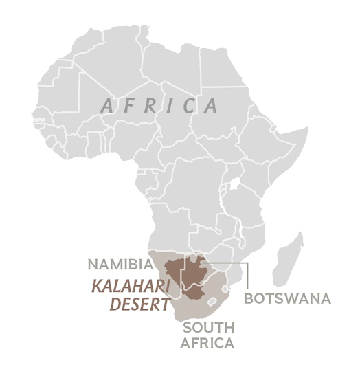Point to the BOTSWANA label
[287, 299]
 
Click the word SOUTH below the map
[207, 329]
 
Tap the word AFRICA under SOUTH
[207, 343]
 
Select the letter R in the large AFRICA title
[152, 106]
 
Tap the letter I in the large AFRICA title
[172, 106]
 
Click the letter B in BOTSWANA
[249, 299]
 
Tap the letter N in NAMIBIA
[91, 264]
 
